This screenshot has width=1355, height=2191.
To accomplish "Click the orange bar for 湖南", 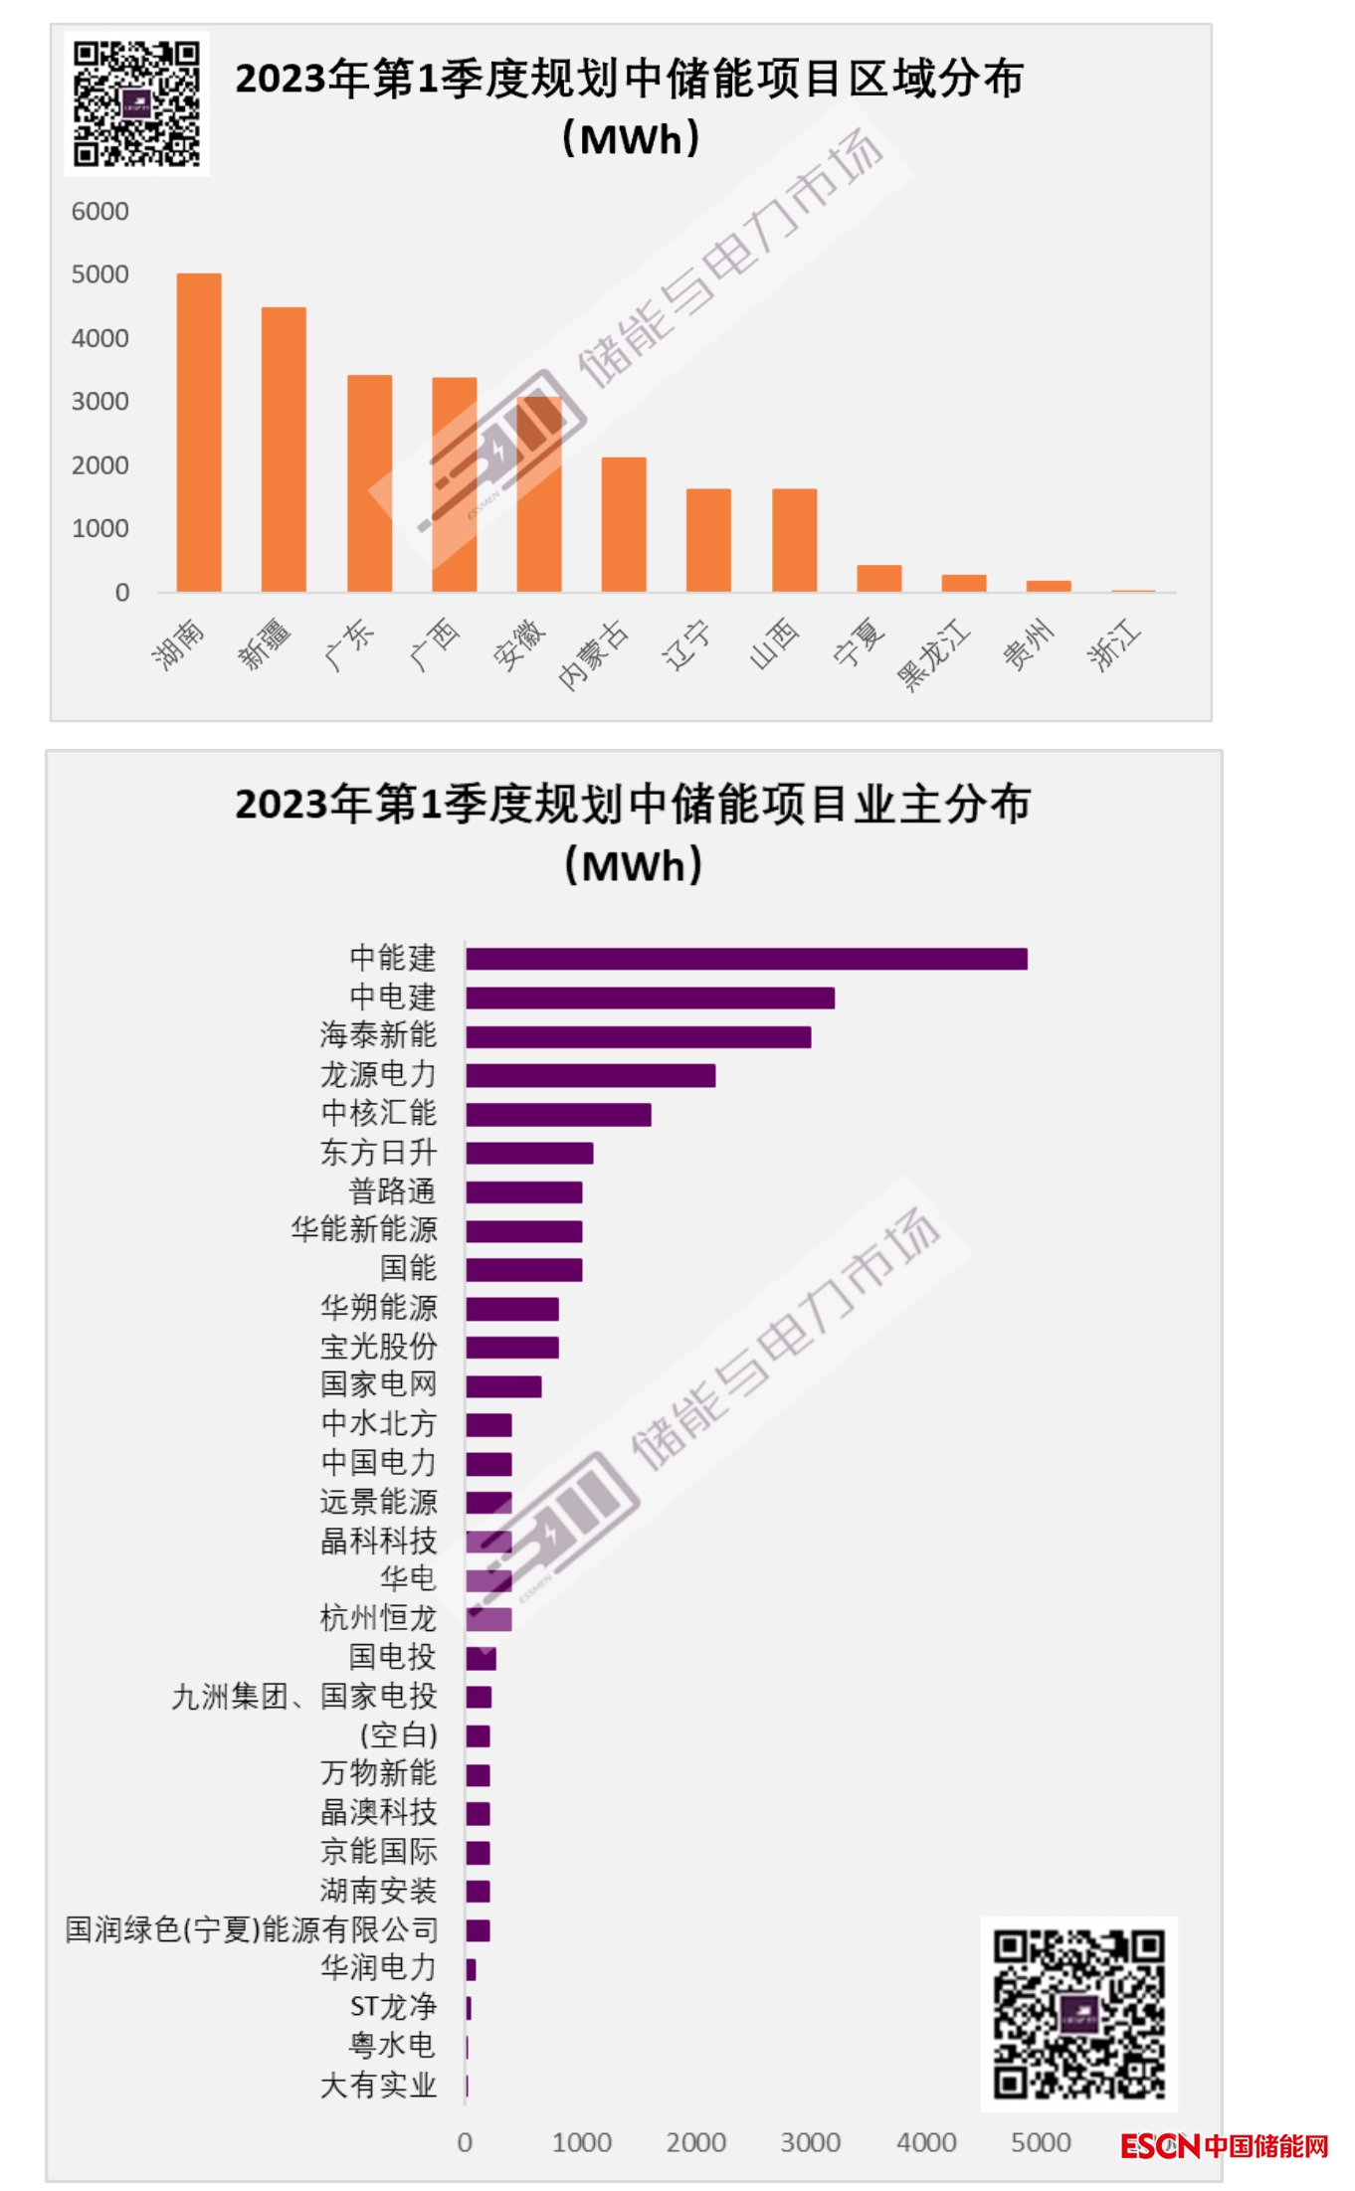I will pos(199,433).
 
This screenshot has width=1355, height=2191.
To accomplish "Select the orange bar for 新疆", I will pos(284,450).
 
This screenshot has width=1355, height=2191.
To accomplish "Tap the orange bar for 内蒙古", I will pos(624,524).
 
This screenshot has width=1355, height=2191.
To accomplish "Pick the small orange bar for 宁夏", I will pos(879,578).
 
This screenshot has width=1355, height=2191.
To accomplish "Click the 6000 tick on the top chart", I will pos(99,211).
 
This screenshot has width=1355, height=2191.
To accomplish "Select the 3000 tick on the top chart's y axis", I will pos(99,402).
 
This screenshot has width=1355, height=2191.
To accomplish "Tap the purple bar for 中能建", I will pos(746,959).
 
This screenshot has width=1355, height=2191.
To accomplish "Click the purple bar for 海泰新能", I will pos(638,1037).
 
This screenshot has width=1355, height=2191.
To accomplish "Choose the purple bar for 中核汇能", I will pos(558,1115).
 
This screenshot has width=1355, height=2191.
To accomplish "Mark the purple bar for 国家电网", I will pos(503,1386).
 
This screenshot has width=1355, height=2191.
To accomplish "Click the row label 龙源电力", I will pos(378,1075).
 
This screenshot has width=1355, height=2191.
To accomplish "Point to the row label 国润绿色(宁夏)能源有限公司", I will pos(252,1929).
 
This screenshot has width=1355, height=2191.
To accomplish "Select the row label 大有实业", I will pos(378,2085).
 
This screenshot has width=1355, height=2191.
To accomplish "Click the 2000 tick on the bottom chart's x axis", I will pos(695,2142).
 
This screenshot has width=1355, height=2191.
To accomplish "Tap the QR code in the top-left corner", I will pos(137,103).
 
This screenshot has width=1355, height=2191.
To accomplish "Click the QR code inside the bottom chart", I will pos(1079,2013).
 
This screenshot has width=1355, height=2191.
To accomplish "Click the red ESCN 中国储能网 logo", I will pos(1225,2145).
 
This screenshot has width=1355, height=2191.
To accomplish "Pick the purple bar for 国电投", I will pos(481,1658).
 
